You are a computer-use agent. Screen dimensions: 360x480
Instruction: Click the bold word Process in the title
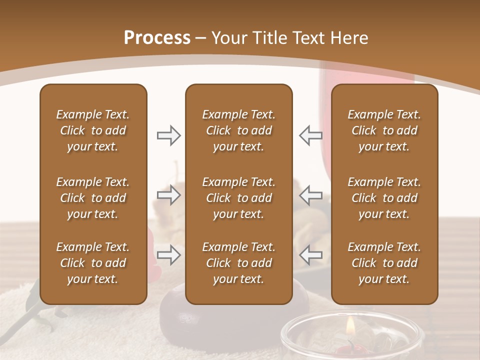[157, 38]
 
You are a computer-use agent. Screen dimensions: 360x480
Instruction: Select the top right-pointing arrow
[168, 135]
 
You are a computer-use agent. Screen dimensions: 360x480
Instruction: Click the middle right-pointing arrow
[168, 195]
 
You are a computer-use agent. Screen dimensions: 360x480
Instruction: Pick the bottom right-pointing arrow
[168, 255]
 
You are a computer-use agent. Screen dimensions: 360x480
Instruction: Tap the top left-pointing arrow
[310, 135]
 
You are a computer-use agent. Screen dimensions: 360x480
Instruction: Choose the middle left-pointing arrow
[310, 195]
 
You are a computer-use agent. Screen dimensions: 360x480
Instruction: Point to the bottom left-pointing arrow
[310, 255]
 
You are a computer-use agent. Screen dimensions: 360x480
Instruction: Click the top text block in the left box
[93, 130]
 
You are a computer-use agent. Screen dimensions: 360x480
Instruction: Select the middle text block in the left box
[93, 198]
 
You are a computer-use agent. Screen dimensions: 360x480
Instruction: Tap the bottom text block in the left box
[93, 263]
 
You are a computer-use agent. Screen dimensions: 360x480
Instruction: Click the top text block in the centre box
[239, 130]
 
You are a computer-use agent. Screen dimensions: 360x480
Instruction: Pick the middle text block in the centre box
[239, 198]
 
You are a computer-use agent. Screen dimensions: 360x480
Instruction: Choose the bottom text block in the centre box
[239, 263]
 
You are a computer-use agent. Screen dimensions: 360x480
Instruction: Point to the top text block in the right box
[384, 130]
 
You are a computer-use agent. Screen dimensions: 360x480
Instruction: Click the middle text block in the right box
[384, 198]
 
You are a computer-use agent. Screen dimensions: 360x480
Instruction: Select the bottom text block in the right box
[384, 263]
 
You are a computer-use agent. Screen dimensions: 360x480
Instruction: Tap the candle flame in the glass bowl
[351, 327]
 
